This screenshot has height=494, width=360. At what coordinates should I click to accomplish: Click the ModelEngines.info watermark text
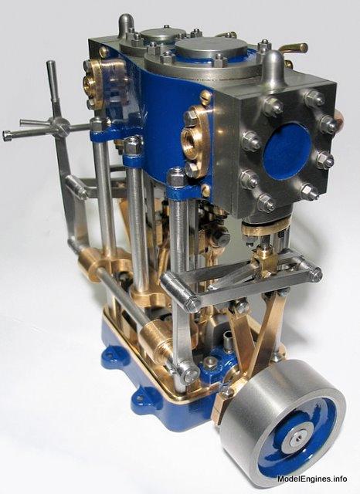pos(312,479)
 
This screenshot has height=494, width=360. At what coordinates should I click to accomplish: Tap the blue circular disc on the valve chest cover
pos(287,152)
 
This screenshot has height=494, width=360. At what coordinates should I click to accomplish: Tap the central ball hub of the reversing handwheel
pos(59,127)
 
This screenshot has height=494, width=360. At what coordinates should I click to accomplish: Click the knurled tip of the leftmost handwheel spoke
pos(7,136)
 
